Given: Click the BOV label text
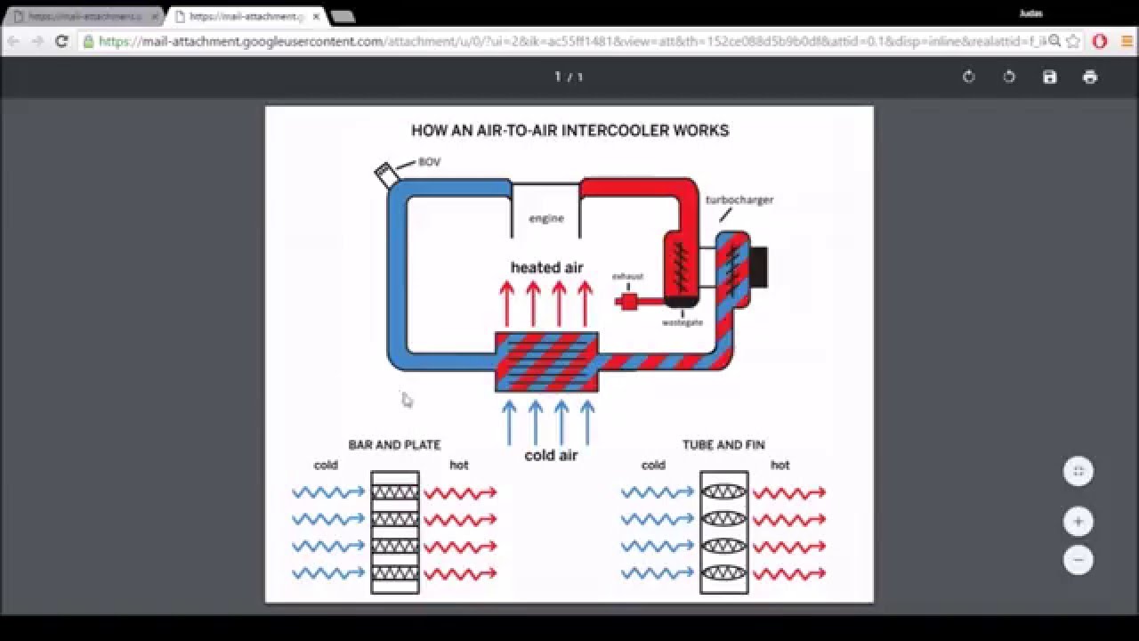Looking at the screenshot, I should pyautogui.click(x=429, y=162).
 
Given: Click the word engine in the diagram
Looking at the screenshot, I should pyautogui.click(x=546, y=218).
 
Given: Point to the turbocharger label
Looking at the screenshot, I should pyautogui.click(x=739, y=199).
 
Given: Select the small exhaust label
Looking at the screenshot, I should pyautogui.click(x=627, y=277).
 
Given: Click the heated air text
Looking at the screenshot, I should pyautogui.click(x=546, y=267).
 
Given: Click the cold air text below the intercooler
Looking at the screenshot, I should pyautogui.click(x=551, y=455).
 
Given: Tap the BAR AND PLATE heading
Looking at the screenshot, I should pyautogui.click(x=394, y=445).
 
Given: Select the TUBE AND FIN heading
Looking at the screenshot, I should pyautogui.click(x=723, y=445).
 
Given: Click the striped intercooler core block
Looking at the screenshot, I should pyautogui.click(x=546, y=361).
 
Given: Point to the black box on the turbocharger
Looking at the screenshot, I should pyautogui.click(x=758, y=267).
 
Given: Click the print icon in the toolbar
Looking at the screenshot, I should pyautogui.click(x=1090, y=77).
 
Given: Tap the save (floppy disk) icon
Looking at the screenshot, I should pyautogui.click(x=1050, y=77).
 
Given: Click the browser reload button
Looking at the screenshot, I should pyautogui.click(x=61, y=41).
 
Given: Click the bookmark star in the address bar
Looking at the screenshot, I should pyautogui.click(x=1073, y=41).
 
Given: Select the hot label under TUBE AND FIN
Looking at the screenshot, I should pyautogui.click(x=780, y=465).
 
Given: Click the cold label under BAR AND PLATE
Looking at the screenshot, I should pyautogui.click(x=326, y=465).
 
